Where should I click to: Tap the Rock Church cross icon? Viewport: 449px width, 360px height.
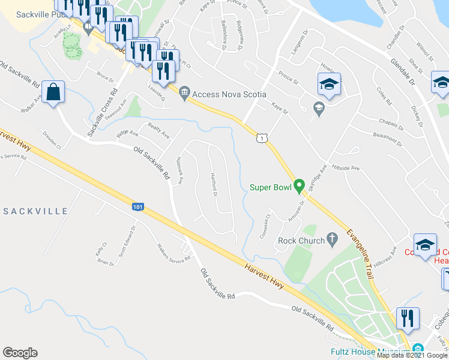[x=330, y=241]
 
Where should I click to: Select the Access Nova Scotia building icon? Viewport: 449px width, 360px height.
[x=184, y=92]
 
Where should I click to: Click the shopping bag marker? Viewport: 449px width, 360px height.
[x=53, y=92]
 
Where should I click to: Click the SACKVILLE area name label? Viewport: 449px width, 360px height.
[x=35, y=211]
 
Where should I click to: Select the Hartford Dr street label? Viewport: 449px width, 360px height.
[x=213, y=184]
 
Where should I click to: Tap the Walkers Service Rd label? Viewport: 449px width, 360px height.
[x=173, y=252]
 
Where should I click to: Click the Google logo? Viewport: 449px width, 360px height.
[x=20, y=353]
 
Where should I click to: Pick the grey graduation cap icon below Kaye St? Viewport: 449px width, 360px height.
[x=319, y=108]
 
